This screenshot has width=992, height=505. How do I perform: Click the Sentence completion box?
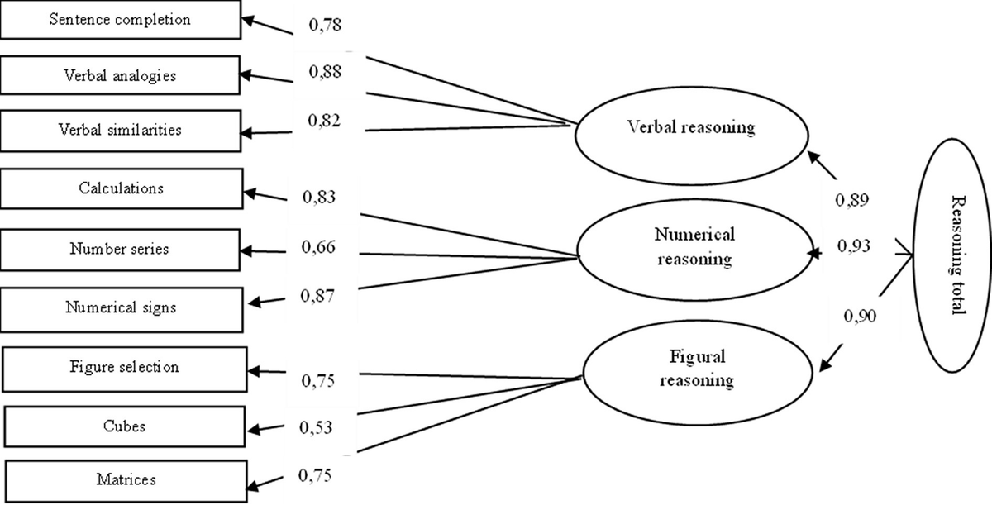pos(121,20)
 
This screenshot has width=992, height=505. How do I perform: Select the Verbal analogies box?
pos(121,75)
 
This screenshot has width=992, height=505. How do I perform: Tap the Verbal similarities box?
pos(121,131)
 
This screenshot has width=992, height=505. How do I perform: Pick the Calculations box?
pos(121,188)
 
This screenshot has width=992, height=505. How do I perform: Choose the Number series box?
pos(121,248)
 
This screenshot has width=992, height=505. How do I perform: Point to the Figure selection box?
pos(125,368)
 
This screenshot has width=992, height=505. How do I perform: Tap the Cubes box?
pos(125,426)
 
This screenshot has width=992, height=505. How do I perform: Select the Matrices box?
pos(125,479)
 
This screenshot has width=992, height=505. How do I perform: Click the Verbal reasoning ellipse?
pos(690,129)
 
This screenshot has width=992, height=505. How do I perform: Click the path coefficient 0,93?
pos(854,246)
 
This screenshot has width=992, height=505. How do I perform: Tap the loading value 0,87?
pos(317,296)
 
